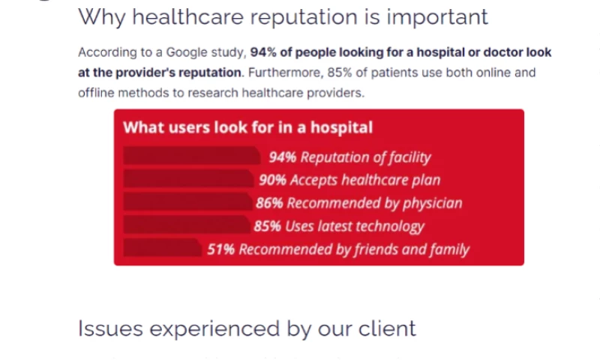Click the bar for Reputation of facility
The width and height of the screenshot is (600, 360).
[192, 156]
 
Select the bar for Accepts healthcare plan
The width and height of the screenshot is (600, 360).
[187, 179]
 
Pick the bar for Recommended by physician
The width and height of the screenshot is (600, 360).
[186, 202]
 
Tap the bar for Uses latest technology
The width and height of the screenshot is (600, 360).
[185, 226]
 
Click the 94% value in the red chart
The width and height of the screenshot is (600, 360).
[283, 157]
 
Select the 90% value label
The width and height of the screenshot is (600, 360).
[272, 180]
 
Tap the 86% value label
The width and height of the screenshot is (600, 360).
[269, 203]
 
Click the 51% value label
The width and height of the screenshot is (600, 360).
[221, 250]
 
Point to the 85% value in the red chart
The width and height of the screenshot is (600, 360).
[267, 226]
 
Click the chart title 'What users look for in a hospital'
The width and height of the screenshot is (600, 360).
[247, 127]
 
